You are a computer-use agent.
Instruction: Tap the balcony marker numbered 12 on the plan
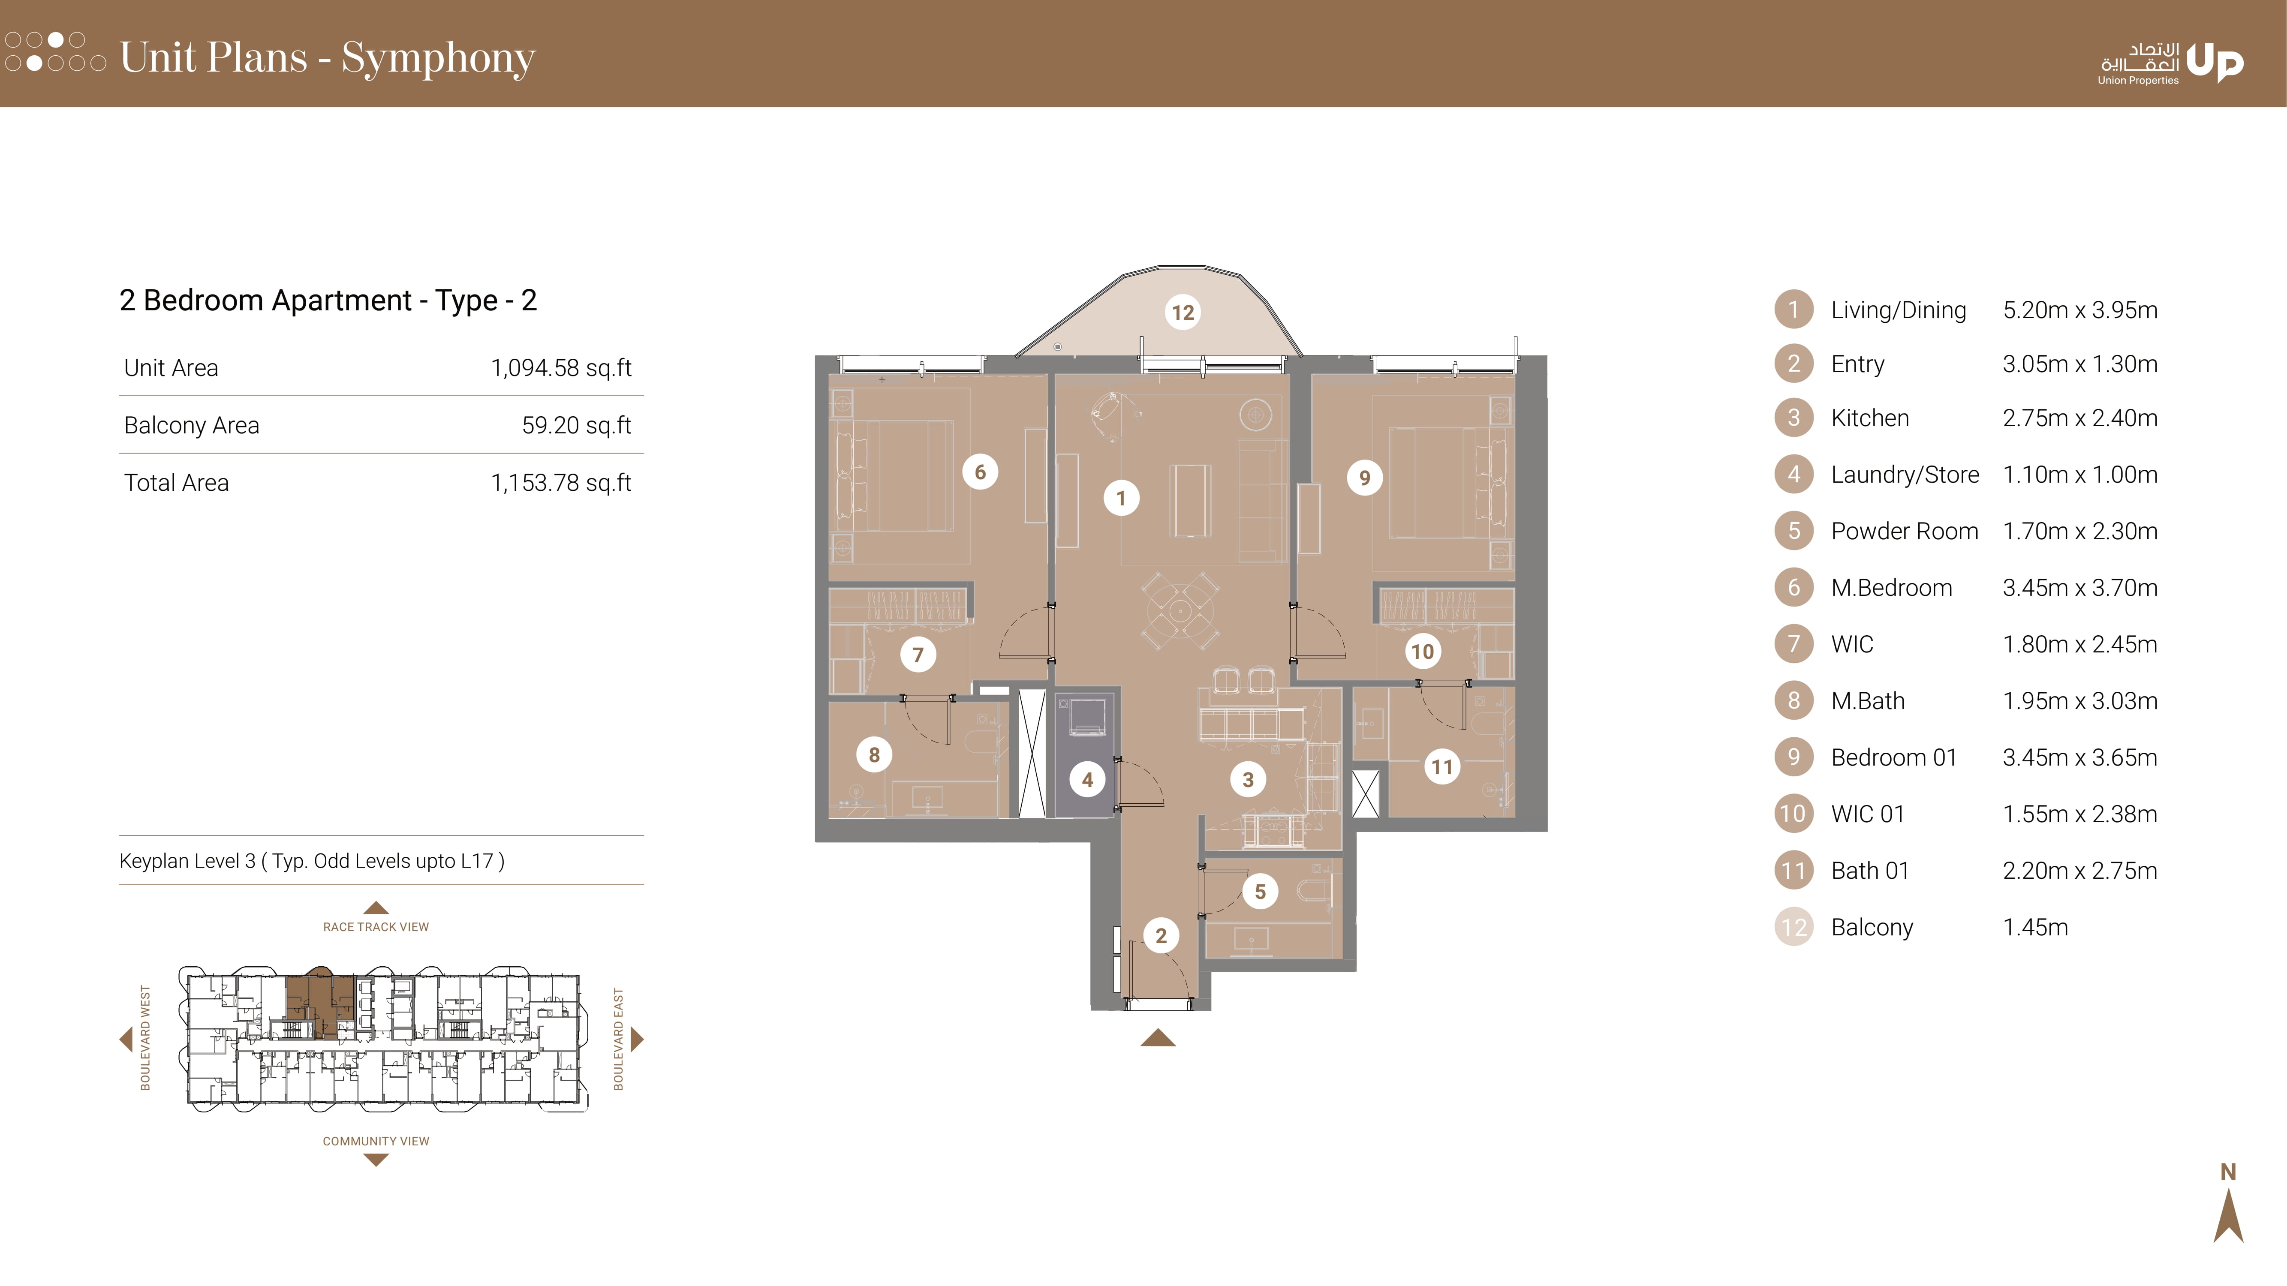(1183, 312)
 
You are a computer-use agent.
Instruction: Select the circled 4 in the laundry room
(1088, 780)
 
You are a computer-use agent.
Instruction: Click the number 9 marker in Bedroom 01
(1365, 478)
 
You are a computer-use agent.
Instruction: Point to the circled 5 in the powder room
(1260, 891)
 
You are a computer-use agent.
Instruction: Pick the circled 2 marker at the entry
(1161, 935)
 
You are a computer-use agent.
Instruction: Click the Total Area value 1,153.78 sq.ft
(561, 483)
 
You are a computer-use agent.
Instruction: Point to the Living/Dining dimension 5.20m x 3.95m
(2080, 310)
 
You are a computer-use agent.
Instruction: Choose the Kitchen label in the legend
(1870, 418)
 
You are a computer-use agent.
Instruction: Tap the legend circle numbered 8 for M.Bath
(1793, 700)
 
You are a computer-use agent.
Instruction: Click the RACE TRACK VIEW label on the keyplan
(376, 926)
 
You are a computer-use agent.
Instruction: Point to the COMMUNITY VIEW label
(376, 1142)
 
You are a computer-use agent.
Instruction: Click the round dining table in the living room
(1180, 610)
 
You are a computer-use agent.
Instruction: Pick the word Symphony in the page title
(439, 59)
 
